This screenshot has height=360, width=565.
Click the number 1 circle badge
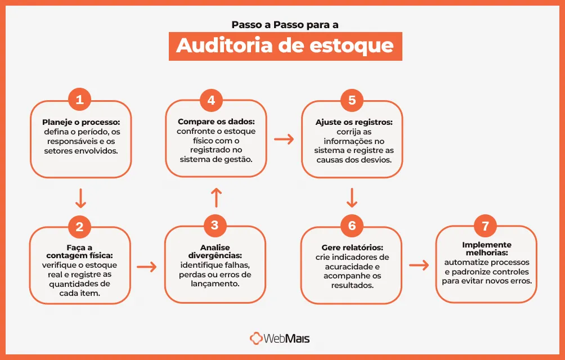click(79, 100)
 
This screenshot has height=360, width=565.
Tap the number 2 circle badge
click(79, 227)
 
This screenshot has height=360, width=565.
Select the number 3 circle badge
click(214, 226)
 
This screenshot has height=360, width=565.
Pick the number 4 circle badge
click(211, 100)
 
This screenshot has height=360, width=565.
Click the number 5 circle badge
click(352, 100)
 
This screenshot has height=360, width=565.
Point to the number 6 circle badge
click(352, 226)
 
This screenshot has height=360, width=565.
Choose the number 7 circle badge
click(486, 226)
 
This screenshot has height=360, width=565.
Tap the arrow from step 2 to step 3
click(147, 266)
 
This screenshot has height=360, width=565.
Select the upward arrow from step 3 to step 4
click(216, 197)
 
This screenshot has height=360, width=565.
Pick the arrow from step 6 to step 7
click(419, 265)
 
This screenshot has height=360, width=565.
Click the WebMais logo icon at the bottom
click(257, 339)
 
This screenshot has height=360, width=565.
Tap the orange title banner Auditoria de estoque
click(285, 46)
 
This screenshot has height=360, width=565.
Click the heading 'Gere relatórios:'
click(352, 247)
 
